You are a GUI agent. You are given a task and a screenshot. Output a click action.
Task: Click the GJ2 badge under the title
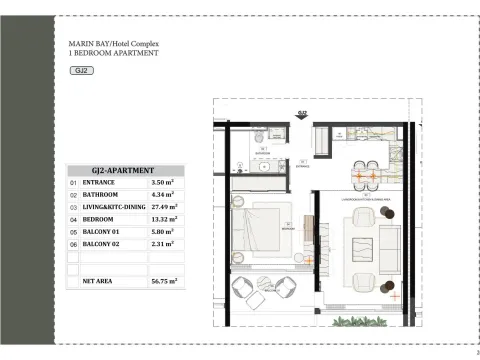point(82,71)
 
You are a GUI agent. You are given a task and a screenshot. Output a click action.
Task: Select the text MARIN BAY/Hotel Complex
point(113,45)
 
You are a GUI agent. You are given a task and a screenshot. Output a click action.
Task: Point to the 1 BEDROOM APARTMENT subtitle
point(112,54)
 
